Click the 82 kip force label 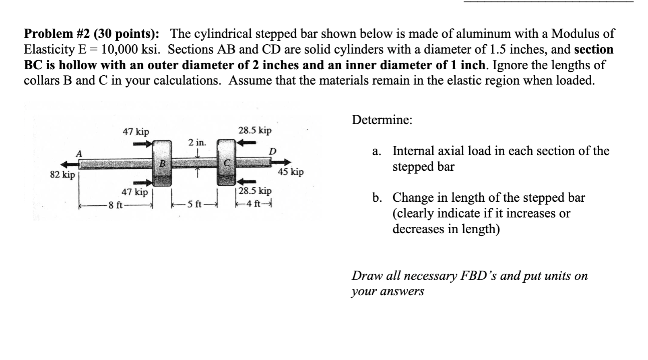(62, 175)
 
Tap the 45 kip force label (291, 172)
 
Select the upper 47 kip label (136, 132)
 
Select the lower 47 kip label (135, 192)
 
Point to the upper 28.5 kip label (255, 130)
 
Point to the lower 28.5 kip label (255, 190)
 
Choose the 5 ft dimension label (194, 205)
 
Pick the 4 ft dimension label (254, 204)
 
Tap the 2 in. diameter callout (197, 142)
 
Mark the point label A (79, 153)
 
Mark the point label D (272, 152)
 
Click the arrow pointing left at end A (69, 164)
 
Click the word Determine (382, 120)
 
